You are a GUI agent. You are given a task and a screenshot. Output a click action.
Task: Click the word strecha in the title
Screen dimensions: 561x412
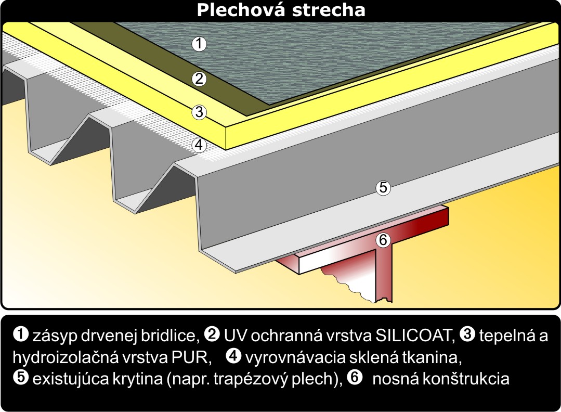[x=329, y=10]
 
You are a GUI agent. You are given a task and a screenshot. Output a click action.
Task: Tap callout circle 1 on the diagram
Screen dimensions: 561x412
[x=199, y=44]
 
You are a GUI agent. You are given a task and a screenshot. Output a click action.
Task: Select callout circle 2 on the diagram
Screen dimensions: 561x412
[x=199, y=79]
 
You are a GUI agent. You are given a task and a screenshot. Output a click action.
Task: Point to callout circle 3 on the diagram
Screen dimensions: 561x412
[x=199, y=112]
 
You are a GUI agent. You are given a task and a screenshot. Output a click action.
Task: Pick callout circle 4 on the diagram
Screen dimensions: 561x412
[x=199, y=145]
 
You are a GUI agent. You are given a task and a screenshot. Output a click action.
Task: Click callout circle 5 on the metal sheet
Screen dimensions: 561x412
[x=383, y=188]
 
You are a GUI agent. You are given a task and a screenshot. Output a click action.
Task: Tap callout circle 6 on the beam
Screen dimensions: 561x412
[x=383, y=240]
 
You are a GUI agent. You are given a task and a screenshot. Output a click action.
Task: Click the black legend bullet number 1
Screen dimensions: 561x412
[x=21, y=334]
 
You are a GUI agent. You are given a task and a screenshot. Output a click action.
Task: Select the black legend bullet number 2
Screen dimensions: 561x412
[x=212, y=334]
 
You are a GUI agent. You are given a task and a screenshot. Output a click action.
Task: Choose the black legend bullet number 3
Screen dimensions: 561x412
[x=466, y=334]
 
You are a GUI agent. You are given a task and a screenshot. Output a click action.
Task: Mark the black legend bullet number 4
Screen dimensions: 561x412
[x=234, y=356]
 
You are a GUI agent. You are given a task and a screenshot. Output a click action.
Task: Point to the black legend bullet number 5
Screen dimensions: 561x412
[x=21, y=378]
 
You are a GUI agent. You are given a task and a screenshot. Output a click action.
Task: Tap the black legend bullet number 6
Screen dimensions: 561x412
[x=355, y=378]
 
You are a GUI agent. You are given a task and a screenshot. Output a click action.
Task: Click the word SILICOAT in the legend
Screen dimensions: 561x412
[x=415, y=336]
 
